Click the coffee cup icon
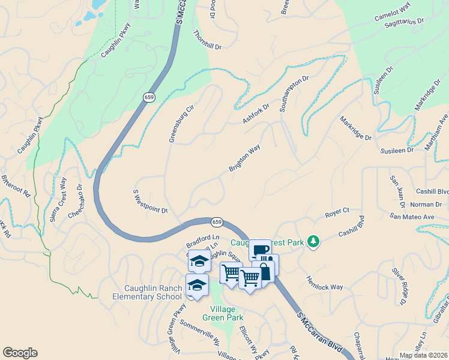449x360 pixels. (260, 250)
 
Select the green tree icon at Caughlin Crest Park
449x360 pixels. (312, 241)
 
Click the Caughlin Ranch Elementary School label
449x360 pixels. (148, 292)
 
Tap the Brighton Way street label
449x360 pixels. (244, 158)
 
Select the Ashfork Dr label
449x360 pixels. (256, 113)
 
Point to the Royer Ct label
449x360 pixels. (337, 212)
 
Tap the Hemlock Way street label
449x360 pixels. (325, 283)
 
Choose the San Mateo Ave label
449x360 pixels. (411, 216)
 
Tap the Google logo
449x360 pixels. (20, 353)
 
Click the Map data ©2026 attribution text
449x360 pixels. (423, 355)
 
